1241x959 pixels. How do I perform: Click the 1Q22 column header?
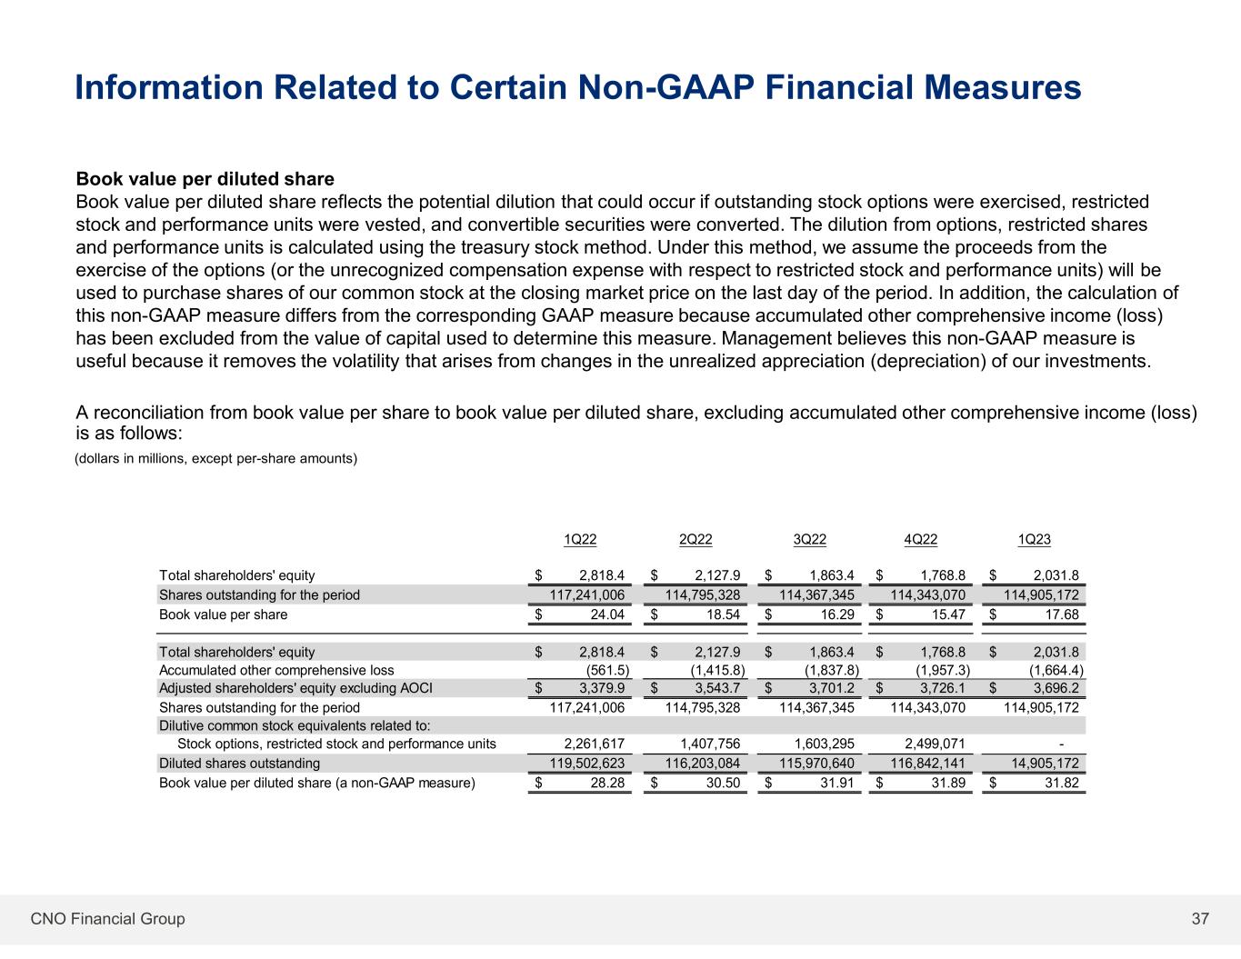coord(580,539)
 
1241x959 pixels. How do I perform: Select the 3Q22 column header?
coord(810,539)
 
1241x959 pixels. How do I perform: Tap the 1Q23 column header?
coord(1034,539)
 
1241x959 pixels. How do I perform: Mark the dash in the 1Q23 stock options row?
coord(1076,744)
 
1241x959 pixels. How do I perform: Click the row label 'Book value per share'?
coord(223,614)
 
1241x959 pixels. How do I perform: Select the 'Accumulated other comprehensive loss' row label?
coord(276,670)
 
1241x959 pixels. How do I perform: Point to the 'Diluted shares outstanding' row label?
coord(239,764)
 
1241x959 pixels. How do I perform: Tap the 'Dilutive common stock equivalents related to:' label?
coord(295,725)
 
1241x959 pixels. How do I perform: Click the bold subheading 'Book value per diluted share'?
coord(205,179)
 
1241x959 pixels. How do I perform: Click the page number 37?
coord(1200,919)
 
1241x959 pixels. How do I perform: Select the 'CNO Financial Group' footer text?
coord(107,919)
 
